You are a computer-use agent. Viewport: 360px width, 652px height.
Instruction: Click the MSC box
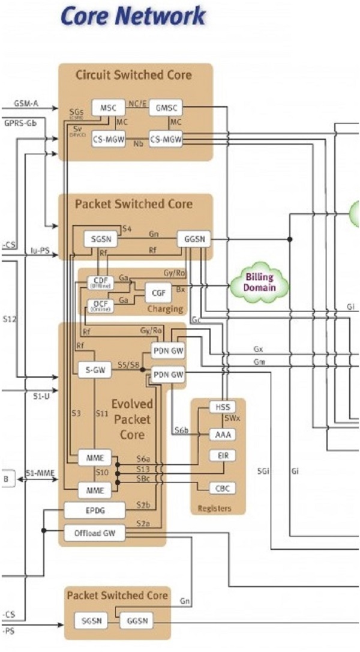(108, 108)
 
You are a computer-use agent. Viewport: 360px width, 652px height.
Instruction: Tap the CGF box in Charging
(159, 292)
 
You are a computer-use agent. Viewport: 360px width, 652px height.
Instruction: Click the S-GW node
(95, 370)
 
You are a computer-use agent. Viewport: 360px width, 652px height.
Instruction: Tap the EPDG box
(95, 511)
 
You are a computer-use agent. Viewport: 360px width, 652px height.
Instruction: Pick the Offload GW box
(95, 533)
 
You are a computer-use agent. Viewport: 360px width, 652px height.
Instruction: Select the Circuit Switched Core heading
(134, 75)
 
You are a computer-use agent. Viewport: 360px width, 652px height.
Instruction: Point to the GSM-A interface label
(26, 104)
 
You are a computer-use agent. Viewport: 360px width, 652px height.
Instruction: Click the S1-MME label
(40, 474)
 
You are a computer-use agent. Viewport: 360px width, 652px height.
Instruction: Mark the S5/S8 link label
(127, 365)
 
